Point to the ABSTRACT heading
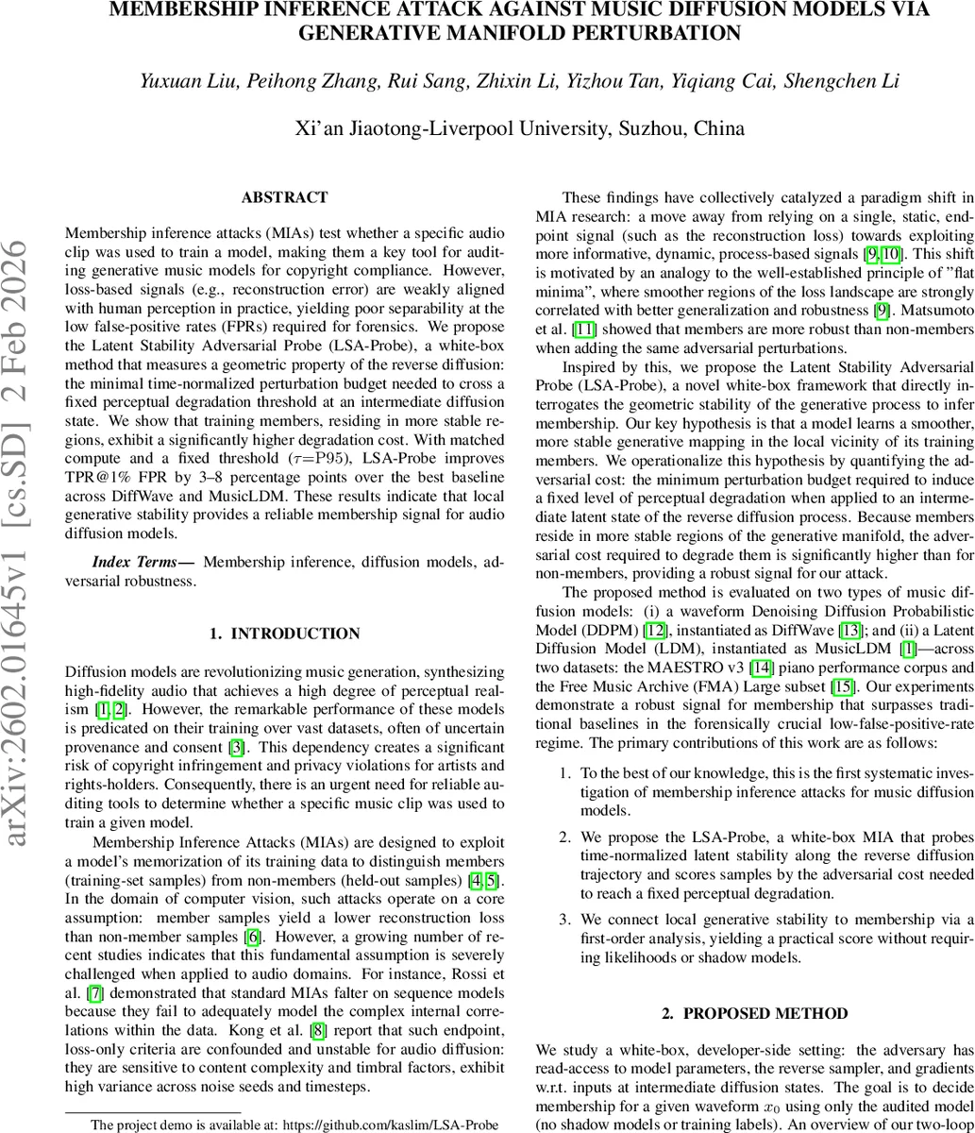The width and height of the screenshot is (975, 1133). point(284,197)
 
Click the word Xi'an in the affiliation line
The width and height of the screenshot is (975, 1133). point(318,128)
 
